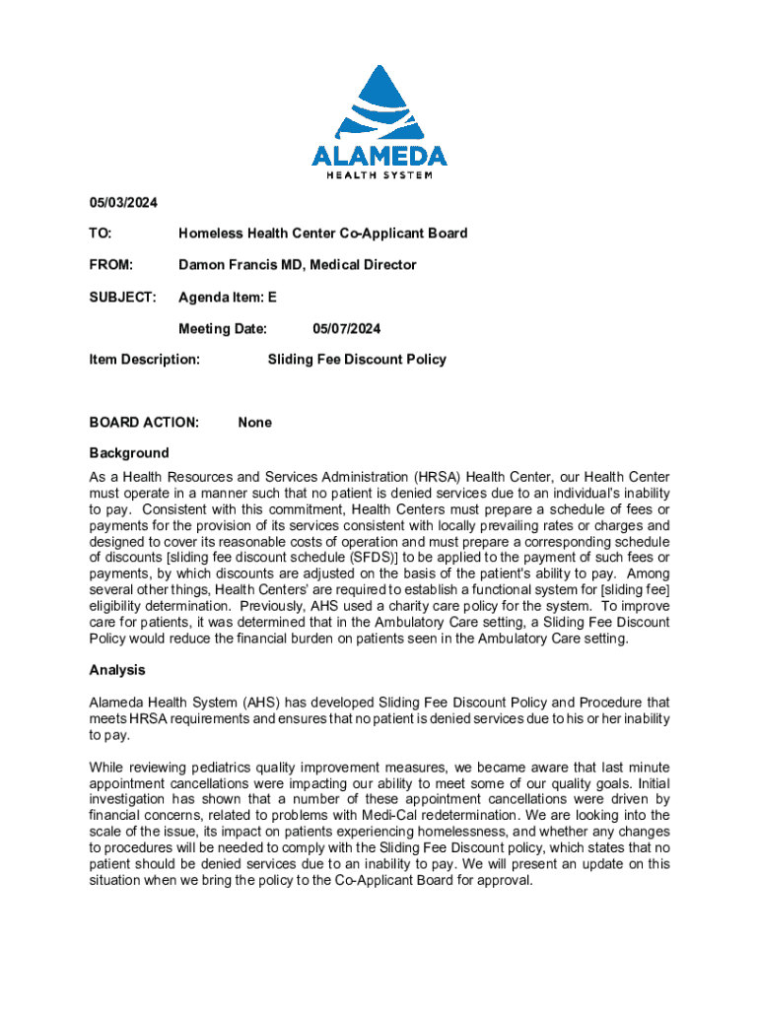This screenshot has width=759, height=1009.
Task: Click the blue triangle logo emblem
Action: coord(379,102)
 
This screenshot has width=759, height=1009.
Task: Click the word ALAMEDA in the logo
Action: coord(379,156)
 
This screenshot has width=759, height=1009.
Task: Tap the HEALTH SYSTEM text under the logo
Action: coord(379,176)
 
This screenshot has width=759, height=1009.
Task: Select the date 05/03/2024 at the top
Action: coord(123,202)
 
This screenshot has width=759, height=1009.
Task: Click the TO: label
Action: coord(101,234)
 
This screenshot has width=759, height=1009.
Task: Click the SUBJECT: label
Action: coord(123,297)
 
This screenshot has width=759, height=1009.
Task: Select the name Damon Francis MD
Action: coord(241,265)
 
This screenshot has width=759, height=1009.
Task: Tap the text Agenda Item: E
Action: coord(228,297)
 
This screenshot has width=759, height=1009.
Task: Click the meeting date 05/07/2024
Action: coord(347,328)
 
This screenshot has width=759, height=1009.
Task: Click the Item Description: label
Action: coord(145,360)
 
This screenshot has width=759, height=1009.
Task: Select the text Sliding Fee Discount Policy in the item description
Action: coord(357,360)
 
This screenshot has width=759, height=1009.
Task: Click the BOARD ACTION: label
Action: coord(144,423)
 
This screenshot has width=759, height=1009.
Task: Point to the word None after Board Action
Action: coord(254,423)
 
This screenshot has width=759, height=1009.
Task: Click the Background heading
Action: coord(129,453)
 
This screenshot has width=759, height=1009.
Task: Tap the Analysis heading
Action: coord(117,670)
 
